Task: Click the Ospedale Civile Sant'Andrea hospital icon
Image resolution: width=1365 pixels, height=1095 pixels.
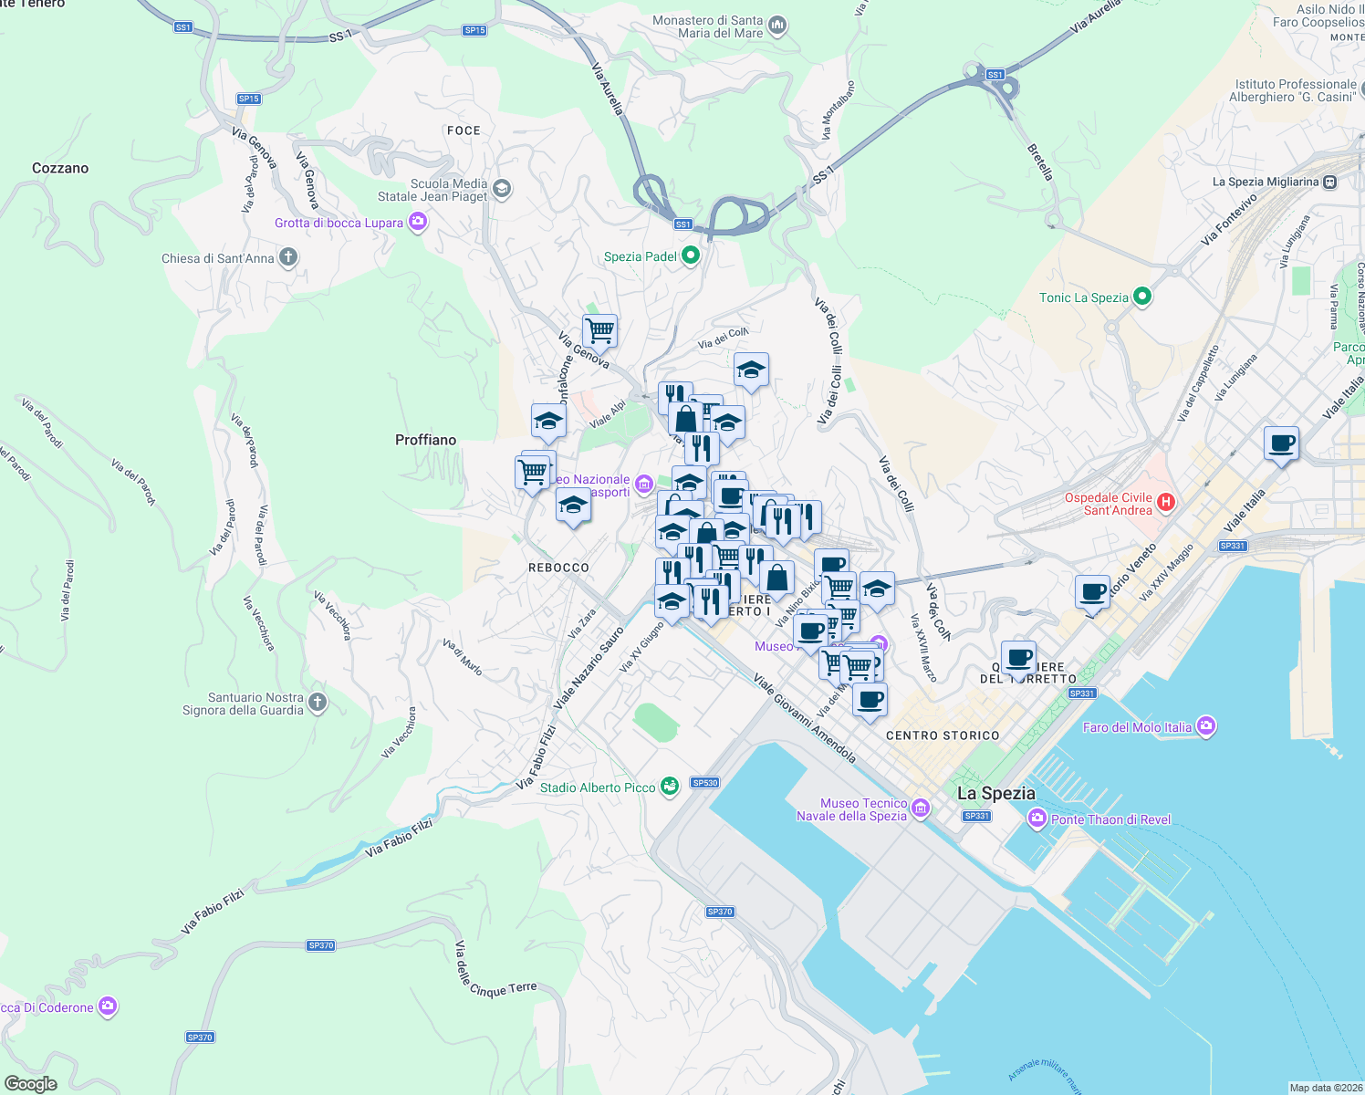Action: [x=1165, y=503]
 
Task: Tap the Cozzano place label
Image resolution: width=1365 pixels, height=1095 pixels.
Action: [x=60, y=168]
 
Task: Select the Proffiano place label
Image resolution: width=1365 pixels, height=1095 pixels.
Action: [x=425, y=440]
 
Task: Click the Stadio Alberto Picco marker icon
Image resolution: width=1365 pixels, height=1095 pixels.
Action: [x=670, y=787]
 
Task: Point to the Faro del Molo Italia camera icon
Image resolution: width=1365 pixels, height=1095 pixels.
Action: [x=1206, y=726]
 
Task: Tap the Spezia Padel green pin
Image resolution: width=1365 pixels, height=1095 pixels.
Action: [x=691, y=255]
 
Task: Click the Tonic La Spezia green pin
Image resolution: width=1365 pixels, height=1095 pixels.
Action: [x=1141, y=297]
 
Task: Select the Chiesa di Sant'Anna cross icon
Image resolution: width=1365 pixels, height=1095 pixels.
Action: [x=288, y=257]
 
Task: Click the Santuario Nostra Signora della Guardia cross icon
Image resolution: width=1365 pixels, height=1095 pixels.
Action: [x=318, y=703]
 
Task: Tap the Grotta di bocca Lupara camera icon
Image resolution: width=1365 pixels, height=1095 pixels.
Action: [x=417, y=222]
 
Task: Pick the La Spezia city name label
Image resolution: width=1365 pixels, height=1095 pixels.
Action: [x=995, y=793]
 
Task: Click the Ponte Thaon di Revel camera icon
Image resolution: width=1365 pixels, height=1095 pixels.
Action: [x=1037, y=819]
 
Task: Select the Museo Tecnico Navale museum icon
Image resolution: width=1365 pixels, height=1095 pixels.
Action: [x=921, y=808]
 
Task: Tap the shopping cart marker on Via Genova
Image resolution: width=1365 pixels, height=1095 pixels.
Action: [x=599, y=330]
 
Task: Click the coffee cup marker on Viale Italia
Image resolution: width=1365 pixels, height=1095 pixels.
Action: [x=1281, y=443]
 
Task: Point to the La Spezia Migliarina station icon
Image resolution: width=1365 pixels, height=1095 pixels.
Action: [x=1330, y=182]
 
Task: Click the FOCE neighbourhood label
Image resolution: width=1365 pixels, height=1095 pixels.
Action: [x=464, y=130]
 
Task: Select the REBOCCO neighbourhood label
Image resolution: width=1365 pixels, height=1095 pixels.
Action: [x=558, y=568]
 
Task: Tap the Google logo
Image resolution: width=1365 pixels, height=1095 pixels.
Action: [x=31, y=1084]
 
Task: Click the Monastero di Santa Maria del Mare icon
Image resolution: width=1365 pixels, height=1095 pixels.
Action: [x=777, y=26]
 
